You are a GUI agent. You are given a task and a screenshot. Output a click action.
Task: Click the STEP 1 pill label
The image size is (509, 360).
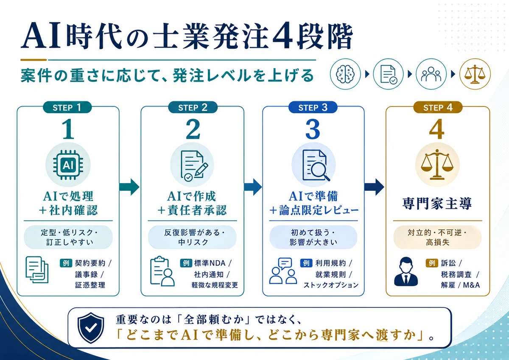click(x=67, y=107)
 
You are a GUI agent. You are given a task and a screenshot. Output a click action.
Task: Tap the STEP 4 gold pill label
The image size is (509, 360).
click(x=438, y=107)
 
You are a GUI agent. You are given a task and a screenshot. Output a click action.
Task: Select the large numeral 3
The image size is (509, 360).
click(x=313, y=129)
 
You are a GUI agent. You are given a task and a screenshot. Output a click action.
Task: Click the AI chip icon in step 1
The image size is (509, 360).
click(x=68, y=165)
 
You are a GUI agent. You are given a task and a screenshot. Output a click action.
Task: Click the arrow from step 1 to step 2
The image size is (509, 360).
click(x=129, y=187)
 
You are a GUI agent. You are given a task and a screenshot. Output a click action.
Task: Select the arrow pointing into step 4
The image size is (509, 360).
click(x=374, y=187)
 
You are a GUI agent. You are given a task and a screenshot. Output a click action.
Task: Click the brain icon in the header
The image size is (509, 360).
click(x=345, y=74)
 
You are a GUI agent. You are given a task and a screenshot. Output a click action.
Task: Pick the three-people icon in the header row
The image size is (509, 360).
click(x=431, y=74)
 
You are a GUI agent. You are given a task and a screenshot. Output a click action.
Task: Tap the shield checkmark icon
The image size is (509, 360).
click(x=91, y=327)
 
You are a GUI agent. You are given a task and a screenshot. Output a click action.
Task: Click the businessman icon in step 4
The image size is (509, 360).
click(x=406, y=271)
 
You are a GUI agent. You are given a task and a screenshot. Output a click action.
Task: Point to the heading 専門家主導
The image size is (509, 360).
click(x=437, y=204)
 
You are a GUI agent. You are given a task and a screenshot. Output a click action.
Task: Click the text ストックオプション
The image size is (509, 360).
click(x=331, y=285)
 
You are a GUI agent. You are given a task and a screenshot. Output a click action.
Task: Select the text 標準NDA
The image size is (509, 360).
click(x=210, y=263)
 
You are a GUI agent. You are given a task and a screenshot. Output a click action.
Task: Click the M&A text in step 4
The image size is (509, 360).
click(x=471, y=285)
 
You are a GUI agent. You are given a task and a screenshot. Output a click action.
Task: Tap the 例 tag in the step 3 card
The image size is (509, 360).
click(x=306, y=263)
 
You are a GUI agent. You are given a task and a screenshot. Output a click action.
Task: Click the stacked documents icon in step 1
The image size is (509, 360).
click(x=37, y=270)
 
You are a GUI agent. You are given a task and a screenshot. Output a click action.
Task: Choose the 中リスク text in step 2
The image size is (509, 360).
click(x=193, y=242)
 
